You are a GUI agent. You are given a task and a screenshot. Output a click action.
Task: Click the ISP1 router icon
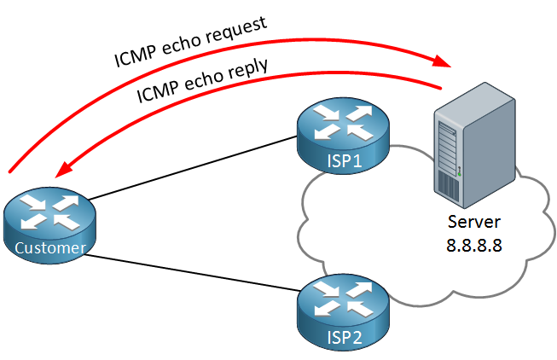[343, 136]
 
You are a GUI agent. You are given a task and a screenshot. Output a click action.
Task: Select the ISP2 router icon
[343, 312]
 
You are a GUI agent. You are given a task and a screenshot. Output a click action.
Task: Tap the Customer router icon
[49, 225]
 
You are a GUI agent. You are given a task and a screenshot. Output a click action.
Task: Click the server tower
[474, 145]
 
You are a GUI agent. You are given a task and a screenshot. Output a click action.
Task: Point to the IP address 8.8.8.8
[474, 245]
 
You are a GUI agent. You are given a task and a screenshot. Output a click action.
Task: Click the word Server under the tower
[474, 222]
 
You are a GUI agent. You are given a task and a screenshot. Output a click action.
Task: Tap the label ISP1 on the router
[345, 160]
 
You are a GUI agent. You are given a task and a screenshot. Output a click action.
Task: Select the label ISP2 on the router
[345, 337]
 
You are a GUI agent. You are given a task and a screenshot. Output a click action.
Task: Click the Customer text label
[50, 247]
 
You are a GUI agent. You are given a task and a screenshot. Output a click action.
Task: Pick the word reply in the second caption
[248, 69]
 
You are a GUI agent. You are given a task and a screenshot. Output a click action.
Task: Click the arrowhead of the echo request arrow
[441, 61]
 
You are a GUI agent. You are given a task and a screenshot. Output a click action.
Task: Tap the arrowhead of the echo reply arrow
[65, 169]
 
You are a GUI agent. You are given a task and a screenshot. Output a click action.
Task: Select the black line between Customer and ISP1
[193, 168]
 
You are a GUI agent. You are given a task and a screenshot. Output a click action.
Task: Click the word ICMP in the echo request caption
[135, 56]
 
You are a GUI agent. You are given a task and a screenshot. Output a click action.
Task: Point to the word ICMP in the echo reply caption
[158, 91]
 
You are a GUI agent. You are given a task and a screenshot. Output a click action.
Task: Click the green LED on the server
[459, 174]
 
